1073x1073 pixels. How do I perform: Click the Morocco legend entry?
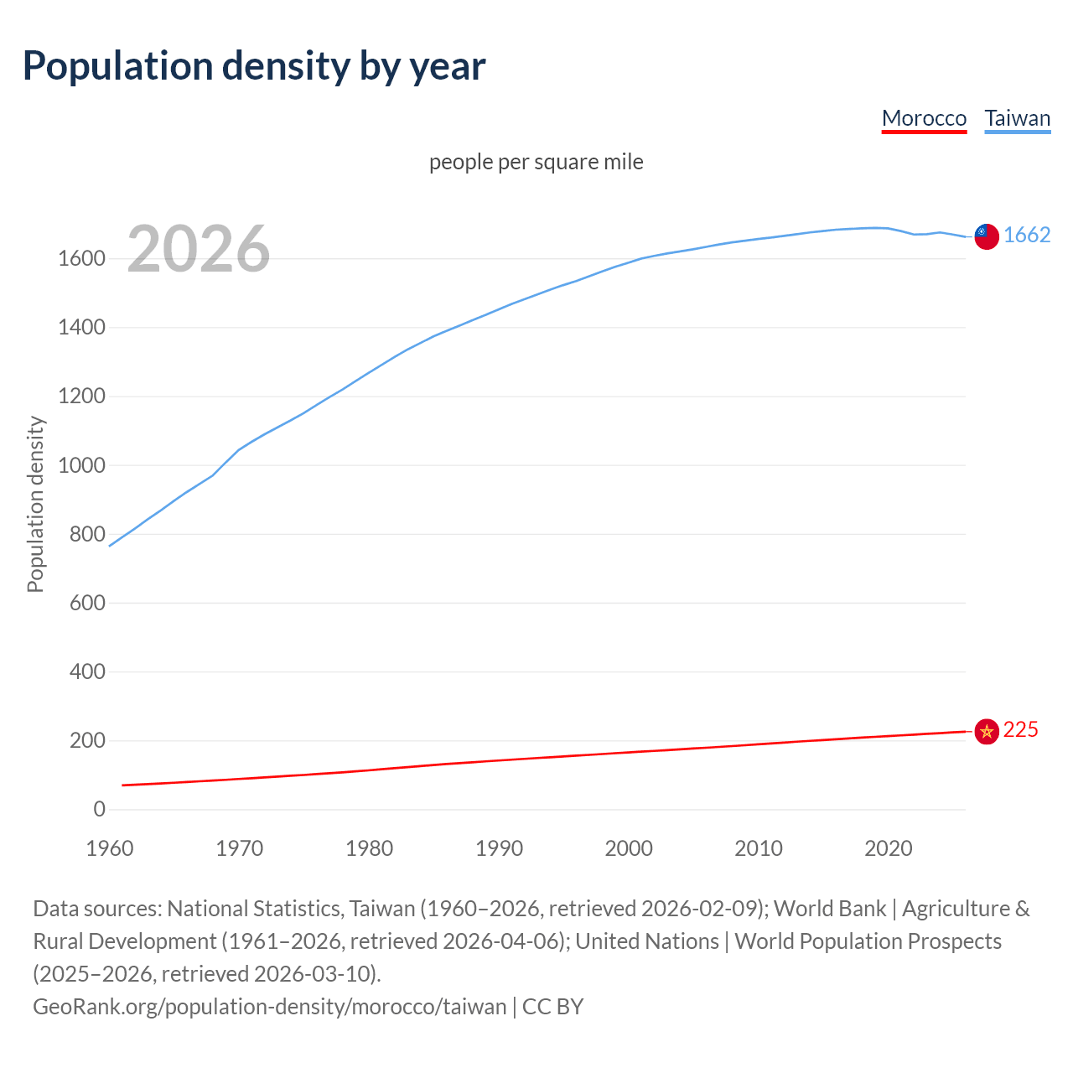pos(924,118)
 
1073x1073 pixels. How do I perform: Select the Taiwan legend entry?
pos(1017,118)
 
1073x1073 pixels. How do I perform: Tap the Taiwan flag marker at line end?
pos(987,236)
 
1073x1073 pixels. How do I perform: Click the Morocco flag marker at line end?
pos(987,731)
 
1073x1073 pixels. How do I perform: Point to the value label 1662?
pos(1027,235)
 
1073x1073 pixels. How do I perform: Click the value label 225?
pos(1020,730)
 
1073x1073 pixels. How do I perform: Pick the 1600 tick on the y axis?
pos(81,259)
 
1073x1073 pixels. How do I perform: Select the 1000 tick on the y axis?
pos(81,465)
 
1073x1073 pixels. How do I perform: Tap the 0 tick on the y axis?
pos(99,809)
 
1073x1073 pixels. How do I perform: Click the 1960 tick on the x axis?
pos(110,848)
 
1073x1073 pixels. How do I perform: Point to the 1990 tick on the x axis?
pos(499,848)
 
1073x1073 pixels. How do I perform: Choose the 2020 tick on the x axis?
pos(888,848)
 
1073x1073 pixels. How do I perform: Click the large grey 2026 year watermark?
pos(199,249)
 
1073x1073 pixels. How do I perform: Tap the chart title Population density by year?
pos(254,66)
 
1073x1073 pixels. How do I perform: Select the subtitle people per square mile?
pos(536,162)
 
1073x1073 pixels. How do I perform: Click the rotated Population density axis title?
pos(35,504)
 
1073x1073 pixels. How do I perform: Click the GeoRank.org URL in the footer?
pos(269,1006)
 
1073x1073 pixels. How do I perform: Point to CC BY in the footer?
pos(552,1006)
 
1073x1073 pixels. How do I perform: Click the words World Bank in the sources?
pos(829,909)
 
